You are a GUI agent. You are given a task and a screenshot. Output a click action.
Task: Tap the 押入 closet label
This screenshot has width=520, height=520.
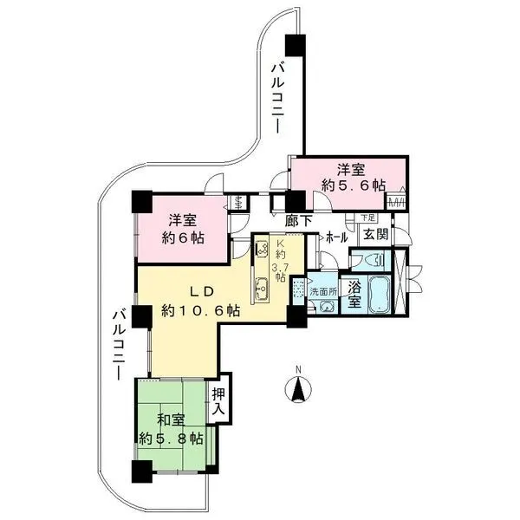(x=218, y=401)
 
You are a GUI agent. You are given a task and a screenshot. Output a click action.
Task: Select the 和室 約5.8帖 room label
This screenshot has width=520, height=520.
(x=171, y=430)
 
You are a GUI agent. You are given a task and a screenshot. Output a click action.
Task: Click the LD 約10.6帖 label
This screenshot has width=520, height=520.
(x=201, y=301)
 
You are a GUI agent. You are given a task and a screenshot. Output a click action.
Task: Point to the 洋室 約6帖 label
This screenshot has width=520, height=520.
(x=182, y=229)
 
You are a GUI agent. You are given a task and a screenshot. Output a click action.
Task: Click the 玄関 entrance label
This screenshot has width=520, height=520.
(x=376, y=235)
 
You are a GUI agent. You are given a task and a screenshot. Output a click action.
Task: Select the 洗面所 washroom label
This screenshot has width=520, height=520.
(x=323, y=292)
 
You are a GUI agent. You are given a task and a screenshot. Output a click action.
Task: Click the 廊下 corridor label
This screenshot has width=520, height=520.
(x=299, y=221)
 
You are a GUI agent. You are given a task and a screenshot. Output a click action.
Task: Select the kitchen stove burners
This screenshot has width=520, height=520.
(x=262, y=249)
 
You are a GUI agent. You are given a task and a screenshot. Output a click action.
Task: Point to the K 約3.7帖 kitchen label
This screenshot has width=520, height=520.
(x=280, y=261)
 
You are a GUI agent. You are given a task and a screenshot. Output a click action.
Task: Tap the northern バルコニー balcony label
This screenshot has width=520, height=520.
(x=278, y=99)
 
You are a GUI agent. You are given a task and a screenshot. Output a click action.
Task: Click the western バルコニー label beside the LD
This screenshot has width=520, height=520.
(x=119, y=345)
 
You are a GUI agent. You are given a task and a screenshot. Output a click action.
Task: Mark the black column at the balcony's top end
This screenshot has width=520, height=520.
(x=295, y=45)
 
